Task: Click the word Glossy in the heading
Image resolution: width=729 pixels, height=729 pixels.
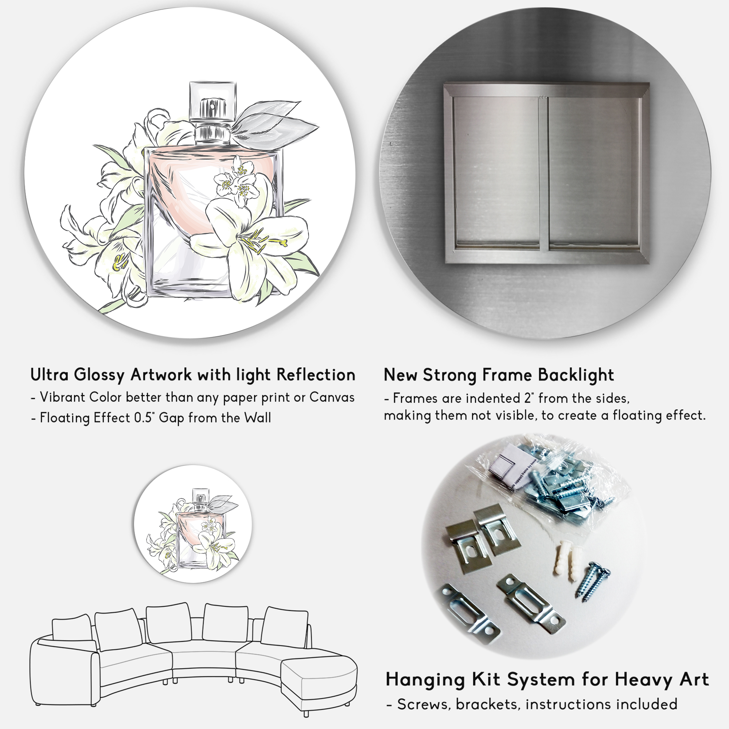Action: [99, 375]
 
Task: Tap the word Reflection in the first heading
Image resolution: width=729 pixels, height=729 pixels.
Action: [316, 375]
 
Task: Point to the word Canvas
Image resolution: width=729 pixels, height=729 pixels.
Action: [332, 397]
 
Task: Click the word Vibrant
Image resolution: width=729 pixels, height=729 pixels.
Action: [63, 397]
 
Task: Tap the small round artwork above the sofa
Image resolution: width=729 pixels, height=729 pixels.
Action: [193, 525]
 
